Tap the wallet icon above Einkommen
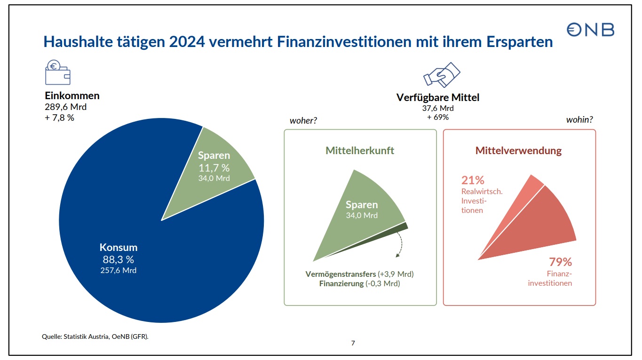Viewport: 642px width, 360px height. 57,72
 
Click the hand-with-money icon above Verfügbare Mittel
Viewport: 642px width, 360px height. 442,74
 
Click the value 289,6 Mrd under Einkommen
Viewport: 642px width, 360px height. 65,107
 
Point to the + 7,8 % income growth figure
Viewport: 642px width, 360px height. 60,117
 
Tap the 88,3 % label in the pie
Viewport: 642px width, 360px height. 119,259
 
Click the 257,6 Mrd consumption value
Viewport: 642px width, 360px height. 119,270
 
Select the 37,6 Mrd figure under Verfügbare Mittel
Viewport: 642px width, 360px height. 438,109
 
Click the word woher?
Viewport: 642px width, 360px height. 303,121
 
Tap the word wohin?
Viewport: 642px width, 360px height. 579,120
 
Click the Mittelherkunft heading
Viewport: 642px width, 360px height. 360,151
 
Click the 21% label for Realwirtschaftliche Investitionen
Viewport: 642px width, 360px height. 473,180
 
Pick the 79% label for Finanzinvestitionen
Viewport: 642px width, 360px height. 560,262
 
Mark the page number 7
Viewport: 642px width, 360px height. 353,343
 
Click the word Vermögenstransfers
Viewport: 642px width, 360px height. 341,274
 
